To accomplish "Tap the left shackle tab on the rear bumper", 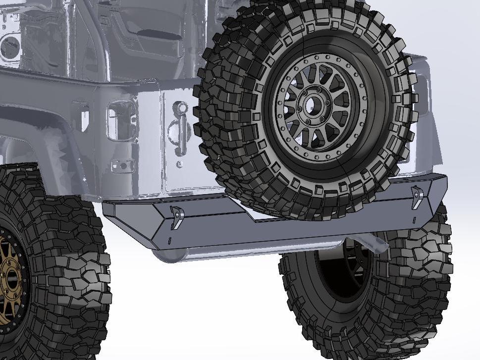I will tap(176, 218).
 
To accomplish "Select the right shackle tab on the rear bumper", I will tap(417, 197).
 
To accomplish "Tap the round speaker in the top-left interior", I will tap(10, 47).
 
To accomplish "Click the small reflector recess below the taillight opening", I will tap(122, 164).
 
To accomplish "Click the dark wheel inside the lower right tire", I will tap(342, 270).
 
